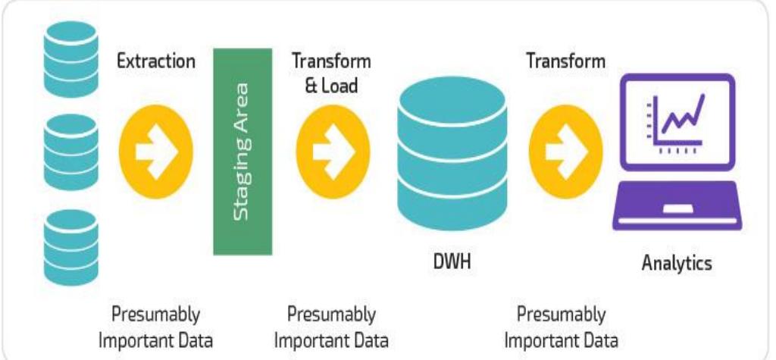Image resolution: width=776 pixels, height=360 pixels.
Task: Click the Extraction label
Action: [155, 61]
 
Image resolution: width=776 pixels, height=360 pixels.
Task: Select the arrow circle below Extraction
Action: [156, 149]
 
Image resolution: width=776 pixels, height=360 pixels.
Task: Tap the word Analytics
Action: [677, 264]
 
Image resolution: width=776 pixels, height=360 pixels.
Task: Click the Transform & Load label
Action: [331, 73]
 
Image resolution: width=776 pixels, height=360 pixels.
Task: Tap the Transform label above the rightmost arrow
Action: [565, 61]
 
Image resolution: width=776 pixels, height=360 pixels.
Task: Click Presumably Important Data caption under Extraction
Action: [156, 326]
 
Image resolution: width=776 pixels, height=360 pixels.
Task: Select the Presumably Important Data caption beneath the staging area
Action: [331, 326]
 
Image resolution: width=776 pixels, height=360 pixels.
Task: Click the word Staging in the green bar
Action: [242, 182]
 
